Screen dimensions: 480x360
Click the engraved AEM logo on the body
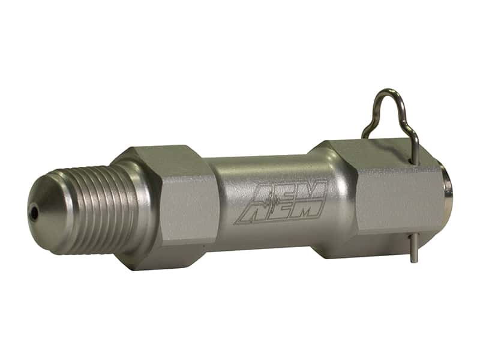(281, 202)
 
